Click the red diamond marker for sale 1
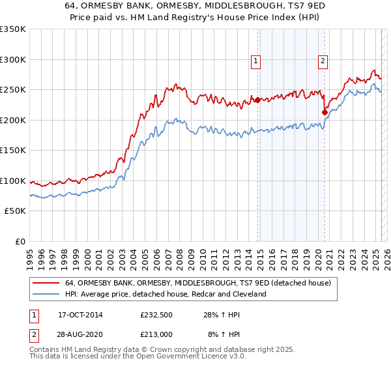[257, 100]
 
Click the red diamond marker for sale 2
[325, 112]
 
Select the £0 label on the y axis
[20, 241]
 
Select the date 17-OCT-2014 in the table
[80, 314]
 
